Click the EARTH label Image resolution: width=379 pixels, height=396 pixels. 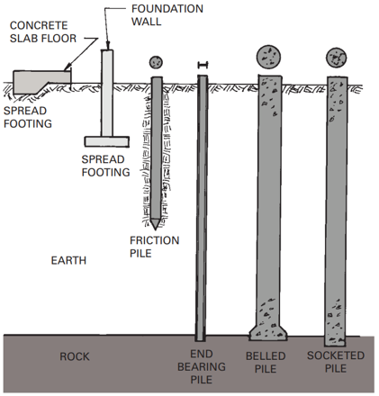68,260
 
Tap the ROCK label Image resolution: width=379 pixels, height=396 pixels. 75,356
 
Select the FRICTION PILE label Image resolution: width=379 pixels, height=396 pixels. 154,247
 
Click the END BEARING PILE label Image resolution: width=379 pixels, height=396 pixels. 202,366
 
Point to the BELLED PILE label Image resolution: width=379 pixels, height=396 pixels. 266,362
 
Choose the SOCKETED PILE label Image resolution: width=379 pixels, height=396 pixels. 336,362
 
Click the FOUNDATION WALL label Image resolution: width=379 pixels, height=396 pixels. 167,15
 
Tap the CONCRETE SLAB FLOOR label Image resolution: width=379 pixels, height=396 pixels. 43,31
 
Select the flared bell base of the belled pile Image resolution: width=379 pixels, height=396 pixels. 268,332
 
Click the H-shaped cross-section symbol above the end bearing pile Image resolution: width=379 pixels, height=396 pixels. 203,65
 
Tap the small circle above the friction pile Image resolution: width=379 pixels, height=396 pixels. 156,62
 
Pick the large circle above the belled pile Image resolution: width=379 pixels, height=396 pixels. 268,57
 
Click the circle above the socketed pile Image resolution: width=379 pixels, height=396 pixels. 337,58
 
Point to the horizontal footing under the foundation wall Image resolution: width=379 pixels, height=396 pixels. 106,141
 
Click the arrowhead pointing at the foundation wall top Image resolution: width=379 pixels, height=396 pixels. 108,46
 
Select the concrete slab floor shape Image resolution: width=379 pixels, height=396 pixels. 41,82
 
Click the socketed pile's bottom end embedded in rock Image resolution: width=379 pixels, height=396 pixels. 336,341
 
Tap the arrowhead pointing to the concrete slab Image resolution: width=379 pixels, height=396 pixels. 68,67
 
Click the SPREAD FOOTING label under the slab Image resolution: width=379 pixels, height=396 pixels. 28,117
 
